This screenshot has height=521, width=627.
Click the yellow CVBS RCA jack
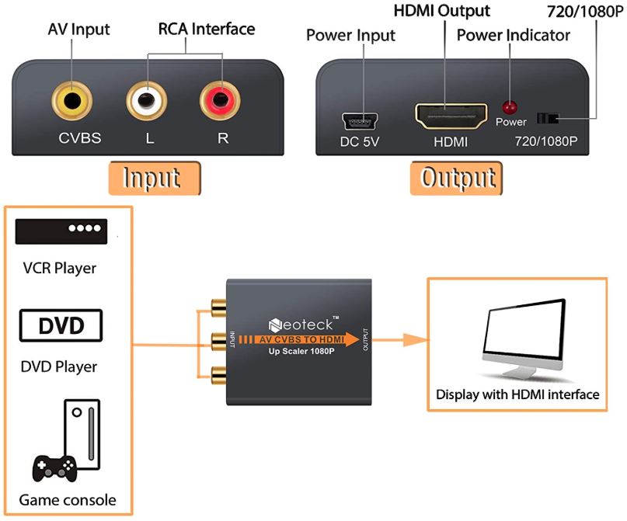click(72, 99)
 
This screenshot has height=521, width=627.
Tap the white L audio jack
click(147, 99)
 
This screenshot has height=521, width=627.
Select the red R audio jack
click(221, 99)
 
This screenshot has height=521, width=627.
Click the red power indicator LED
click(510, 108)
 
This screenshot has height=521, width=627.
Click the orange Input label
click(155, 178)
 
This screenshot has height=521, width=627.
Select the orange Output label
click(458, 178)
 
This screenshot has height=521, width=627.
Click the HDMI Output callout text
click(443, 11)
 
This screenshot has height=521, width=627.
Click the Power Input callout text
click(350, 35)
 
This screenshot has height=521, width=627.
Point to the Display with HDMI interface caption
click(517, 394)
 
